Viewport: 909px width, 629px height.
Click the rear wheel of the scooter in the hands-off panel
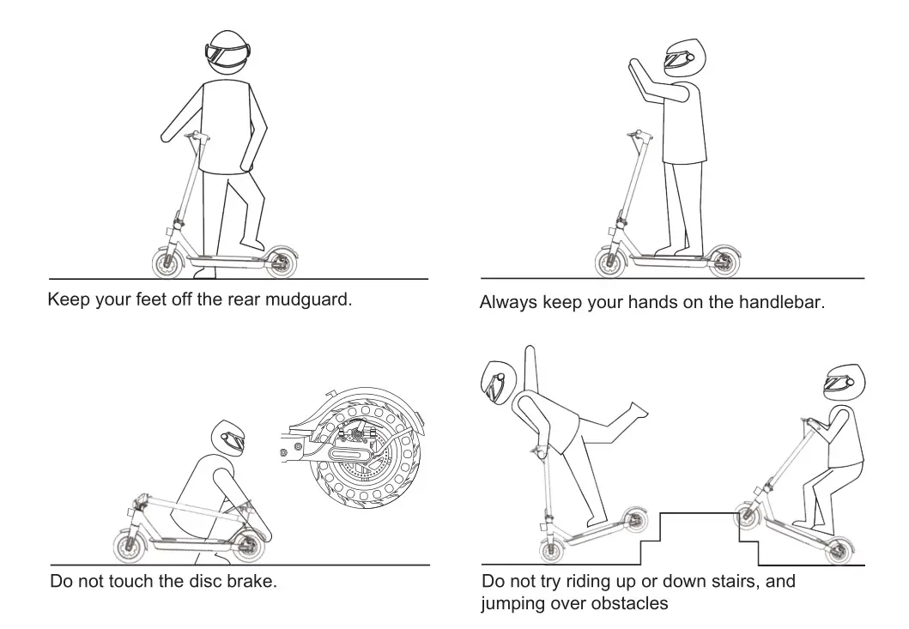(x=722, y=262)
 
